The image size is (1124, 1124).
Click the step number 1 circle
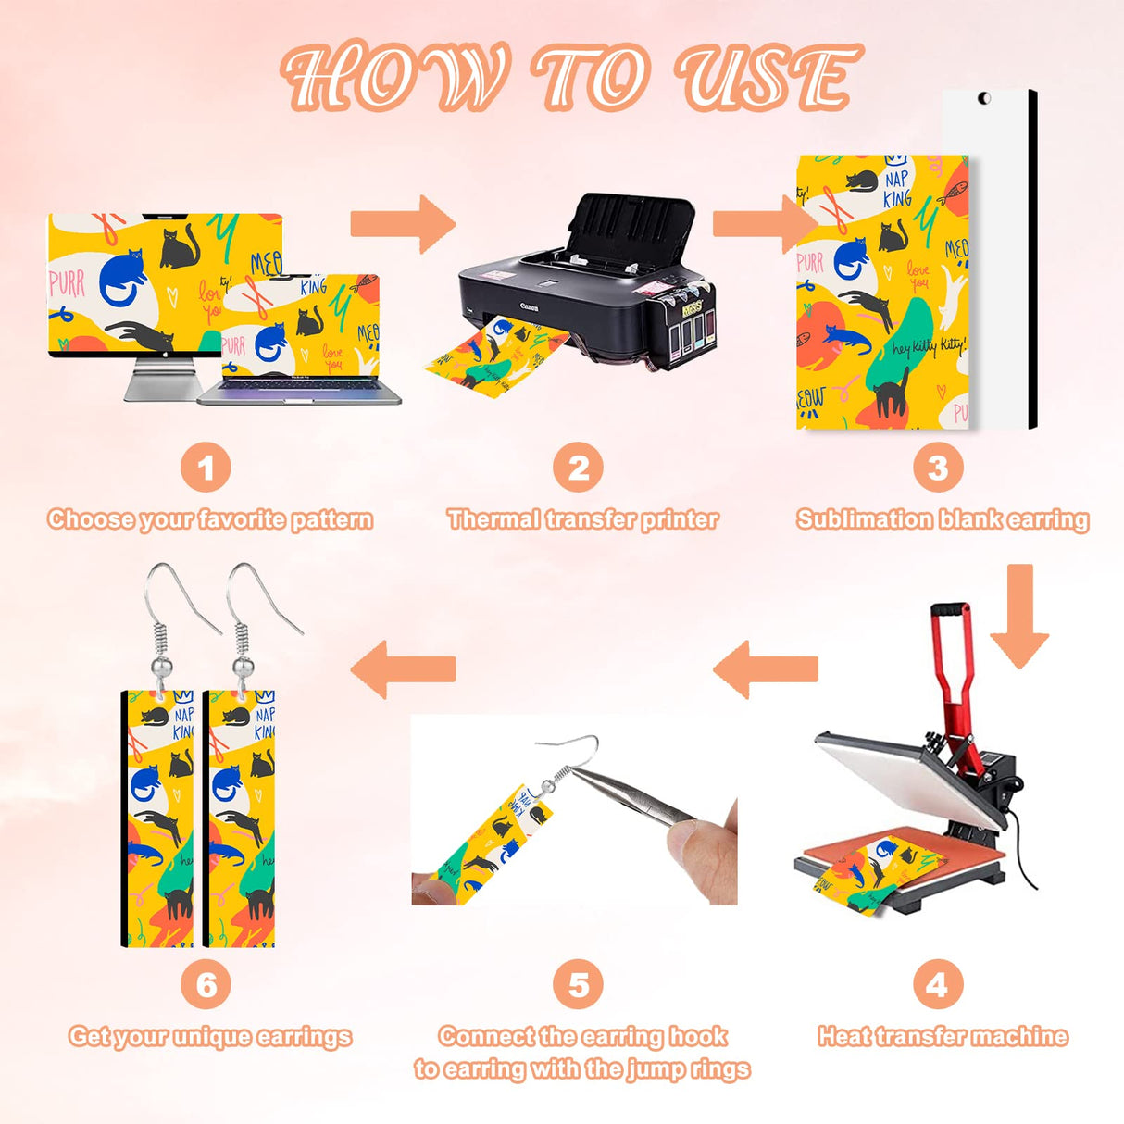tap(206, 468)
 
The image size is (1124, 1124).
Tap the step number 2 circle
tap(578, 468)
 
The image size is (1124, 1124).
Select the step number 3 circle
tap(937, 468)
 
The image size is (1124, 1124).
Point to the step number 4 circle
tap(937, 984)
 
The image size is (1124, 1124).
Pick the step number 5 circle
tap(578, 984)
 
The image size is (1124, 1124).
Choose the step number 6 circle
tap(206, 984)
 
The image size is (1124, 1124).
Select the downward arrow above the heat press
tap(1019, 616)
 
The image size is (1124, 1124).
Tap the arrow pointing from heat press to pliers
tap(766, 668)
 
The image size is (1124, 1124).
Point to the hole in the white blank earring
tap(984, 98)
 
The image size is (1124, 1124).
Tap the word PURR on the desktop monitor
tap(67, 283)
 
